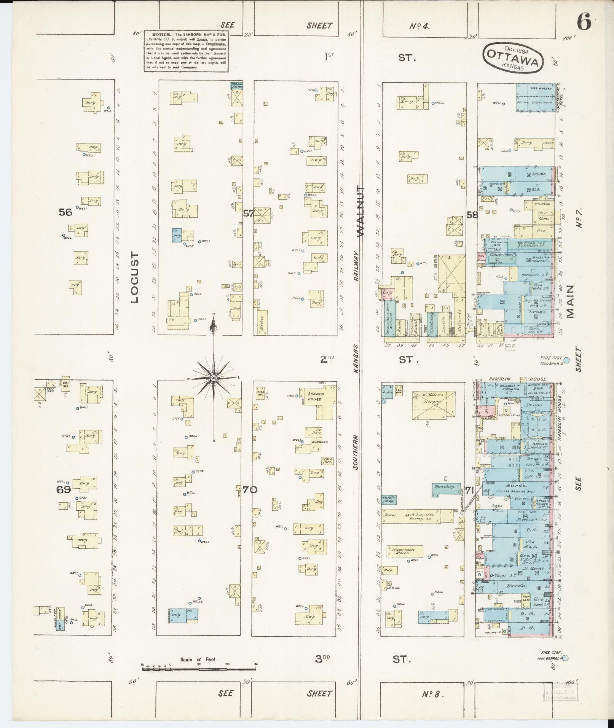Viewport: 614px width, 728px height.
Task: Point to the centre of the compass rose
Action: pyautogui.click(x=214, y=378)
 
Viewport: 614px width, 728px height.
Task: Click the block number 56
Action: pyautogui.click(x=65, y=212)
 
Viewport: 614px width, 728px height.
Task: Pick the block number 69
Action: pyautogui.click(x=64, y=490)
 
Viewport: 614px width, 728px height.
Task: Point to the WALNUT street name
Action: pyautogui.click(x=360, y=211)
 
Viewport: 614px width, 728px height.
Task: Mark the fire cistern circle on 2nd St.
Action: pyautogui.click(x=566, y=360)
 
